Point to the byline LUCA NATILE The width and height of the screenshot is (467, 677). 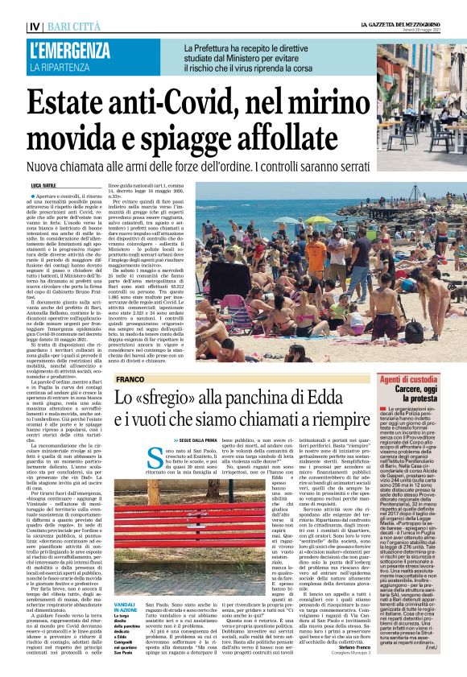(x=42, y=184)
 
